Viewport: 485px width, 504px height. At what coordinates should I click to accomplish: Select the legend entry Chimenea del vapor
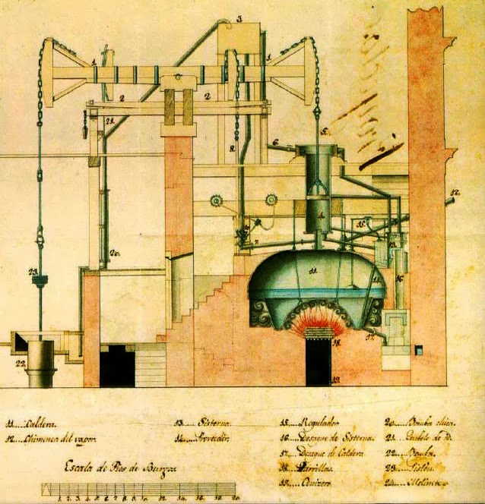(x=53, y=439)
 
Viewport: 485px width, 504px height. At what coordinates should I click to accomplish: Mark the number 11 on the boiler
(x=312, y=269)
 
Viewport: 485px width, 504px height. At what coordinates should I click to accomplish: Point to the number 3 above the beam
(x=238, y=18)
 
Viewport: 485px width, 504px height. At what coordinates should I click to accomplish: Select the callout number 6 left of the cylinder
(x=275, y=142)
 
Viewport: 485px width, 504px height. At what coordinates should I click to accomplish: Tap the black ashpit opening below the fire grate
(x=319, y=362)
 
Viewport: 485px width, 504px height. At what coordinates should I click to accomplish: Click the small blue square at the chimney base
(x=417, y=350)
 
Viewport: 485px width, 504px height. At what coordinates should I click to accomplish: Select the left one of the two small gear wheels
(x=217, y=200)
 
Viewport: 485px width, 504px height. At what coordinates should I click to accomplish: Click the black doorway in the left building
(x=117, y=365)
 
